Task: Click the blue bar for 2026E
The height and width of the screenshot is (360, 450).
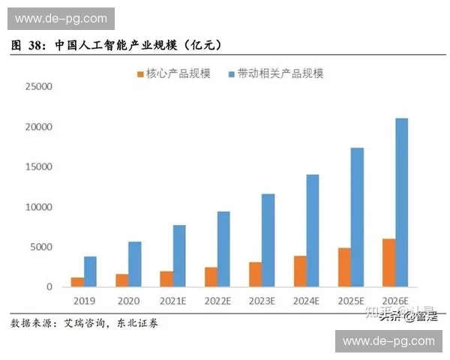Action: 401,202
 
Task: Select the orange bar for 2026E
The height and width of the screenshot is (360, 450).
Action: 388,263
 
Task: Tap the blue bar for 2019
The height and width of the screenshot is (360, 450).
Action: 90,271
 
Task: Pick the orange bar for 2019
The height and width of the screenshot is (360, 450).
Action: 77,282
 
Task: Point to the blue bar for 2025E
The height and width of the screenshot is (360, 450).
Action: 357,217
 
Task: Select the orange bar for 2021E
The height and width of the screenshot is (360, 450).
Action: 166,279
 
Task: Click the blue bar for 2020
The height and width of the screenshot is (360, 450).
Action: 134,264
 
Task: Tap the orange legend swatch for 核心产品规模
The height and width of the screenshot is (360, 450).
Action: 139,73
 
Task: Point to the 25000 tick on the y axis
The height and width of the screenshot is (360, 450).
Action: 38,87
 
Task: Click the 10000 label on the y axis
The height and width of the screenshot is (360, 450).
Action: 38,207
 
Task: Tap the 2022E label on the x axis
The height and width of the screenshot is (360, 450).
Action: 217,301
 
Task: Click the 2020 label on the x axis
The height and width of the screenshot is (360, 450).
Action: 128,301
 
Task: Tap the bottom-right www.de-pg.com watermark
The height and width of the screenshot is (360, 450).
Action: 388,341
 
